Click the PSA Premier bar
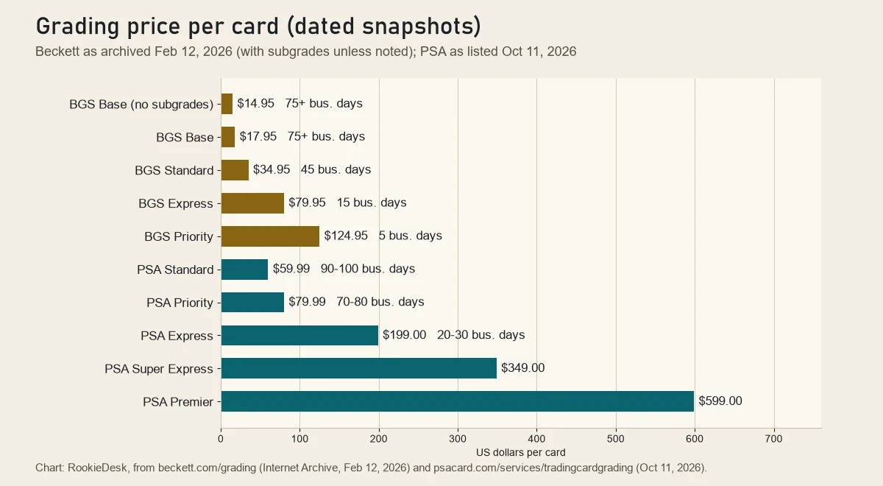(x=457, y=401)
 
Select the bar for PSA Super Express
(x=359, y=368)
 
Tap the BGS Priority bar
(x=270, y=236)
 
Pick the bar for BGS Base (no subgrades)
(x=227, y=104)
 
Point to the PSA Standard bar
(x=244, y=270)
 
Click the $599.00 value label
(x=720, y=401)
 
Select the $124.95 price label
(x=346, y=236)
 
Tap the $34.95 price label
(x=272, y=169)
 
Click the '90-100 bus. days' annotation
(x=368, y=269)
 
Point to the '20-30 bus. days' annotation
(x=481, y=335)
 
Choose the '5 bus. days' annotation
(x=411, y=236)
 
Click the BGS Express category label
(x=176, y=203)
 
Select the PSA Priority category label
(x=180, y=303)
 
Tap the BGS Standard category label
(x=174, y=170)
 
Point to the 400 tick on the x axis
(x=536, y=439)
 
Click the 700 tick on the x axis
(x=773, y=439)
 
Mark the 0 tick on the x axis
(x=221, y=439)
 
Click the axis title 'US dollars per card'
(x=521, y=452)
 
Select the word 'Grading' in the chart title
(x=78, y=27)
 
